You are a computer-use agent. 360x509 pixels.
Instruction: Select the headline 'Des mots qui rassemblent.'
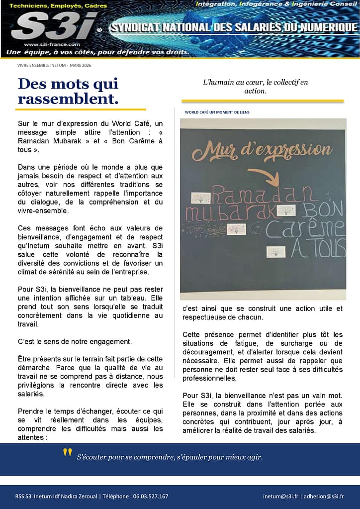tap(68, 91)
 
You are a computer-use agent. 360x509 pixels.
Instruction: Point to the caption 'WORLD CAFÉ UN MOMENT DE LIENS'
tap(217, 112)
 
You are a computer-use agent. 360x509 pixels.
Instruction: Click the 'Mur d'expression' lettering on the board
tap(262, 150)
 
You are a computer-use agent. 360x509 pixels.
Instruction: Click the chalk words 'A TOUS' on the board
tap(318, 248)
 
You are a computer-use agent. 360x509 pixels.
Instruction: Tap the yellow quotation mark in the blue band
tap(67, 454)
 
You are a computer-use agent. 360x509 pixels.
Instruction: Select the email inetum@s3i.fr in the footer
tap(280, 496)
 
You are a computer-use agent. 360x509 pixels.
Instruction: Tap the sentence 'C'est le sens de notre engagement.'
tap(75, 341)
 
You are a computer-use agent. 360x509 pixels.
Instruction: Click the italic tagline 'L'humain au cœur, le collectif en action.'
tap(255, 87)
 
